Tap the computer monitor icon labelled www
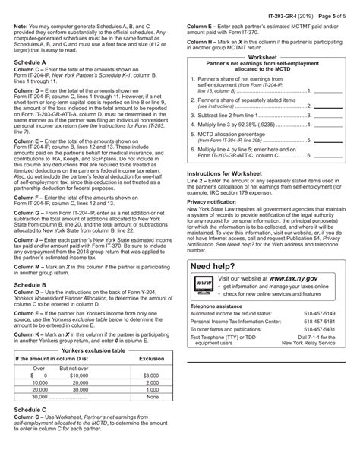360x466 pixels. coord(204,284)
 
